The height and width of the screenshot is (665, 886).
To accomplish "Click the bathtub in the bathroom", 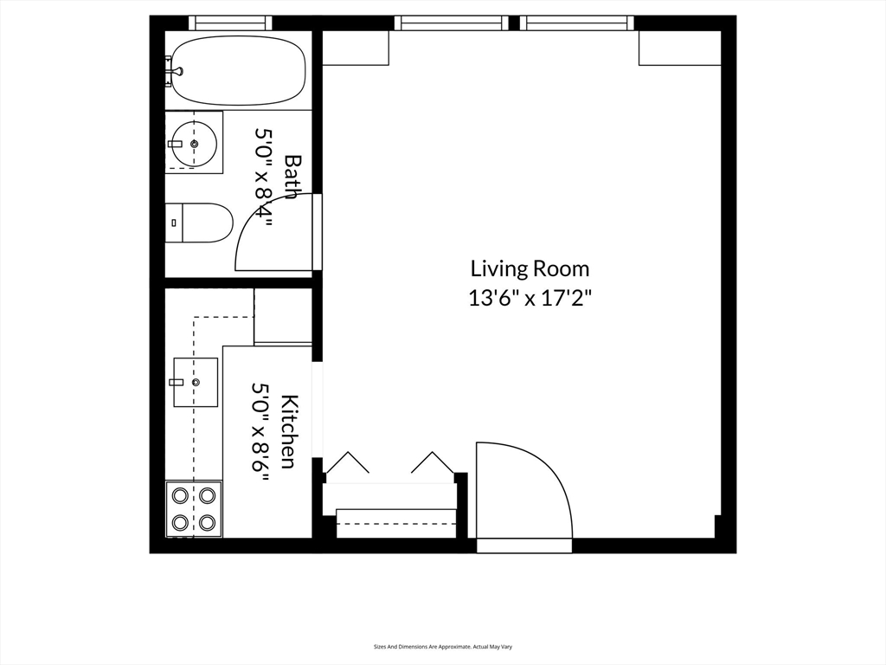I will tap(239, 70).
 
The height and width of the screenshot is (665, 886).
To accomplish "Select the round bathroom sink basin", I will tap(193, 143).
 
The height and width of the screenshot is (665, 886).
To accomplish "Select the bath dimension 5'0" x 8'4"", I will tap(264, 177).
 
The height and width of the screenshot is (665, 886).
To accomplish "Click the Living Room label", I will tap(530, 268).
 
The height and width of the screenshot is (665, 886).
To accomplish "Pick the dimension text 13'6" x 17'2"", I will tap(530, 299).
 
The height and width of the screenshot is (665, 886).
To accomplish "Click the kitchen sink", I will tap(196, 382).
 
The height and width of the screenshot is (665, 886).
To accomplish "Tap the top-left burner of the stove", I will tap(180, 496).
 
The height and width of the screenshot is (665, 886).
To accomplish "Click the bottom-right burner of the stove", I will tap(207, 522).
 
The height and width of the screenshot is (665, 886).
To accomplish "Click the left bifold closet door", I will tap(347, 464).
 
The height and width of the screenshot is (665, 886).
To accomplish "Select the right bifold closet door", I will tap(432, 464).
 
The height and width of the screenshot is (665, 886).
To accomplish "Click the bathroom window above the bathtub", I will tap(230, 23).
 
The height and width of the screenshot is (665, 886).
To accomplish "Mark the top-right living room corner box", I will tap(679, 48).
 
